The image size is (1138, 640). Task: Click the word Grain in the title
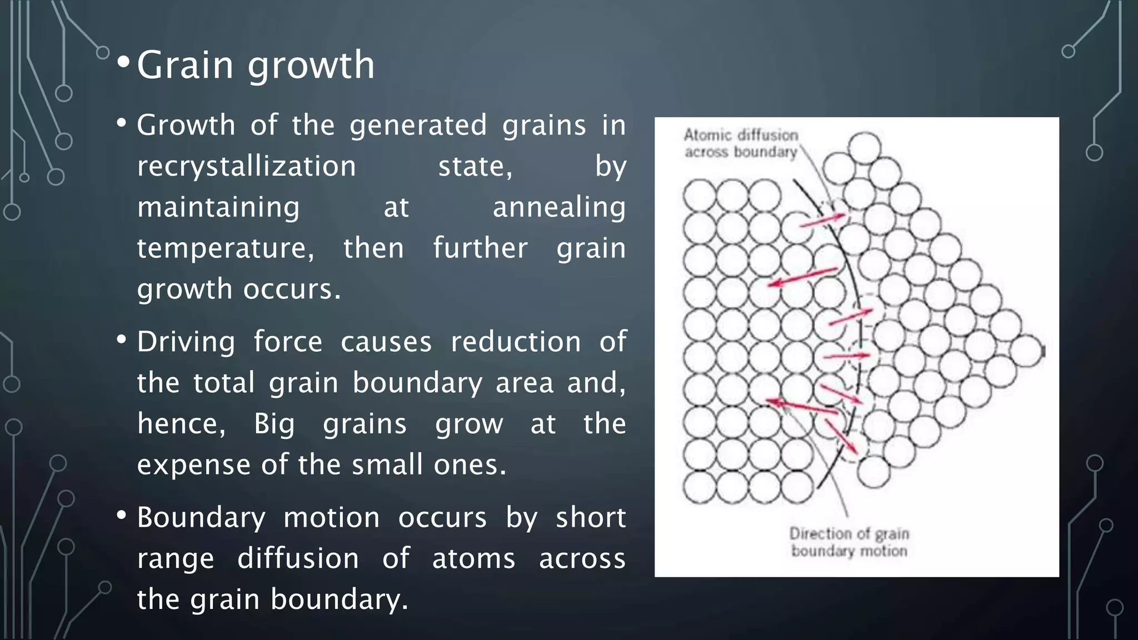click(x=184, y=66)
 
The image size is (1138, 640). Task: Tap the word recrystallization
click(x=246, y=166)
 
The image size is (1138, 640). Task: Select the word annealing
click(x=558, y=208)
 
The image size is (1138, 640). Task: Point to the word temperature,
click(x=226, y=248)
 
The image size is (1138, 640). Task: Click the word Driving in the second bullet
click(x=186, y=342)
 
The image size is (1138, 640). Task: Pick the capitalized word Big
click(x=274, y=424)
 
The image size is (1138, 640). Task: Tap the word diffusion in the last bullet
click(x=298, y=558)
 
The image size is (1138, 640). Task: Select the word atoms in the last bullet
click(x=473, y=558)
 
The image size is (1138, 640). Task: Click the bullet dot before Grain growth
click(x=123, y=64)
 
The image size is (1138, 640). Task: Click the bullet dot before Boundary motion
click(x=122, y=515)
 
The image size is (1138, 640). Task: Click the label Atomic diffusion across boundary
click(x=740, y=143)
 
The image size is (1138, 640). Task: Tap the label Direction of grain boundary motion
click(x=848, y=542)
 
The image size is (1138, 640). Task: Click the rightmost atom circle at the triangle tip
click(x=1026, y=351)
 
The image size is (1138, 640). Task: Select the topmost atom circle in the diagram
click(x=865, y=147)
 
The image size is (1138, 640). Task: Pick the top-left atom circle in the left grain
click(x=699, y=196)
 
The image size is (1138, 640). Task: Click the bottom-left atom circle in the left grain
click(x=699, y=487)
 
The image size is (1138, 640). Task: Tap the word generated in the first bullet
click(x=418, y=126)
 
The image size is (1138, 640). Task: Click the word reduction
click(x=515, y=342)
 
